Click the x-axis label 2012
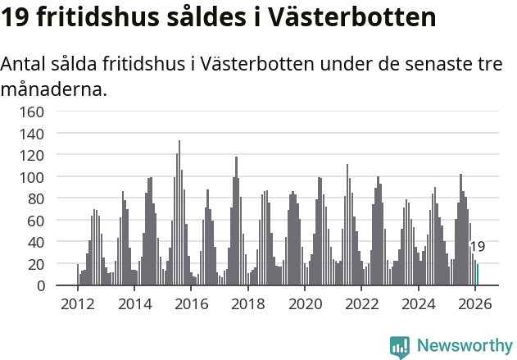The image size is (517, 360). (78, 304)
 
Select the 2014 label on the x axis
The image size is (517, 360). (134, 304)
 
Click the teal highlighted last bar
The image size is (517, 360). (478, 275)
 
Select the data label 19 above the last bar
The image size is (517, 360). (478, 247)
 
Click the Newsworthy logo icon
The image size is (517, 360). (400, 347)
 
